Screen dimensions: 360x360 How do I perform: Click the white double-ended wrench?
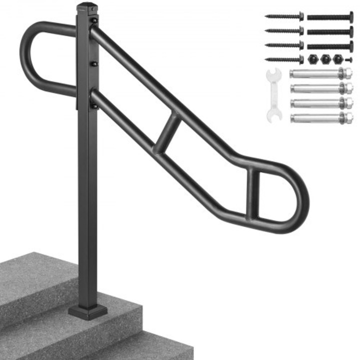[273, 95]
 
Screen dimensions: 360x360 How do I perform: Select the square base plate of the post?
[88, 310]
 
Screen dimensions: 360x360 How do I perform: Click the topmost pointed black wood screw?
[284, 16]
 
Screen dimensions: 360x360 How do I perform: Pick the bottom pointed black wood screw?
[284, 59]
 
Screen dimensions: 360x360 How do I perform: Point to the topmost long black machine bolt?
[330, 17]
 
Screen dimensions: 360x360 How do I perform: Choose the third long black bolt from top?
[330, 46]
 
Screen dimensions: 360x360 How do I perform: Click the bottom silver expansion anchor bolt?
[320, 118]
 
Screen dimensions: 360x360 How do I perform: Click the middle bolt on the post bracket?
[93, 63]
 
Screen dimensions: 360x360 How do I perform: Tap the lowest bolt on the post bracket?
[93, 104]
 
